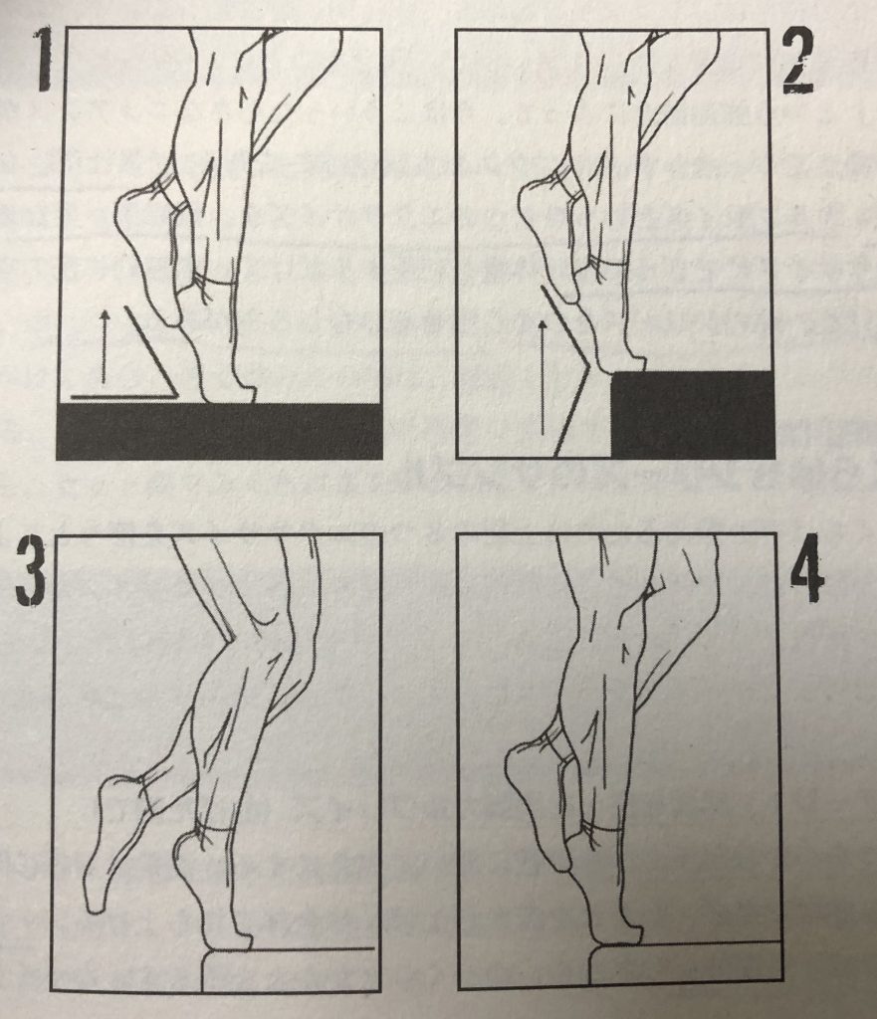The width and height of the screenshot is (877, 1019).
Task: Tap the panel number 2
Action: pos(797,61)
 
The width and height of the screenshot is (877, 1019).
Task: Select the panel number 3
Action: pos(31,573)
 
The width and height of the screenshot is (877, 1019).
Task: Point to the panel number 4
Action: pos(806,570)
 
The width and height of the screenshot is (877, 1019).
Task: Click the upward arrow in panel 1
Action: pos(103,347)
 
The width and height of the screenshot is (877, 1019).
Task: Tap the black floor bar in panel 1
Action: pos(219,431)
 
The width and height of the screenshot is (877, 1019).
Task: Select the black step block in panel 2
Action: pos(693,414)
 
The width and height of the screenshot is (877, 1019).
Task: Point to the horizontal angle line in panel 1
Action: pos(124,395)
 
